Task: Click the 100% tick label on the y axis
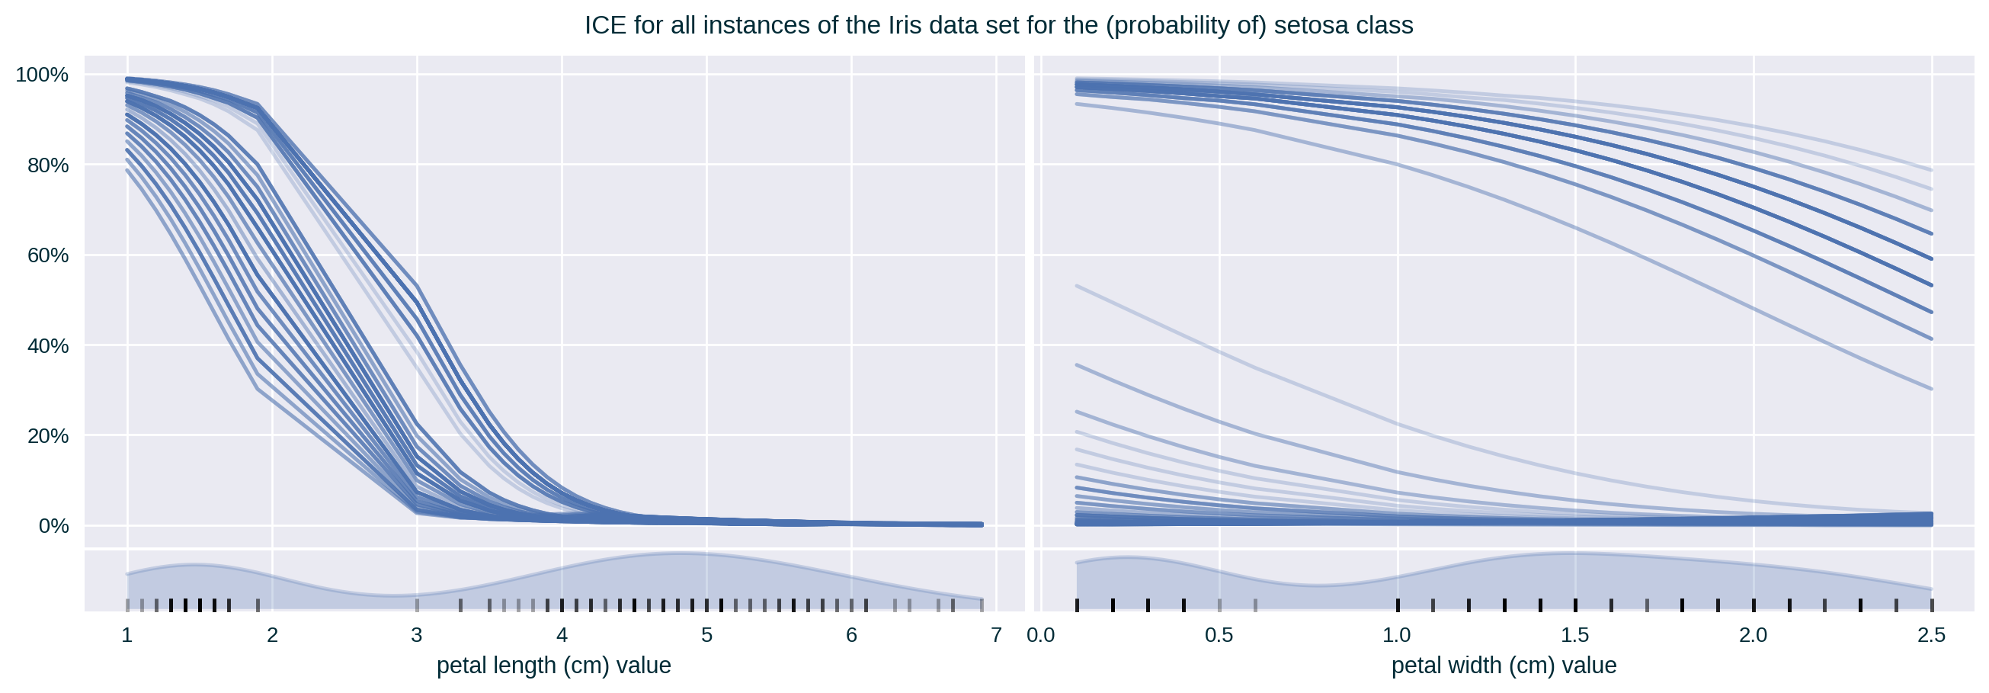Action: (x=43, y=75)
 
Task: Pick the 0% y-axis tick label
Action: (x=53, y=526)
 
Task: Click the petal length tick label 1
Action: (x=127, y=636)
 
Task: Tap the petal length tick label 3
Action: (x=417, y=636)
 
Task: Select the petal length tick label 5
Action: (x=706, y=636)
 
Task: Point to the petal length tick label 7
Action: (x=996, y=636)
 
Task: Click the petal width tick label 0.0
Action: (x=1041, y=636)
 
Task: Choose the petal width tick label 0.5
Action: (x=1219, y=636)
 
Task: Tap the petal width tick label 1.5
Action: (x=1575, y=636)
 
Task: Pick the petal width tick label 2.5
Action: (x=1932, y=636)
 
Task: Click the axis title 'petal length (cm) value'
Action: (x=553, y=666)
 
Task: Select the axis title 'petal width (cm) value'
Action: (x=1504, y=666)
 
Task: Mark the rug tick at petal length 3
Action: (x=417, y=604)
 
